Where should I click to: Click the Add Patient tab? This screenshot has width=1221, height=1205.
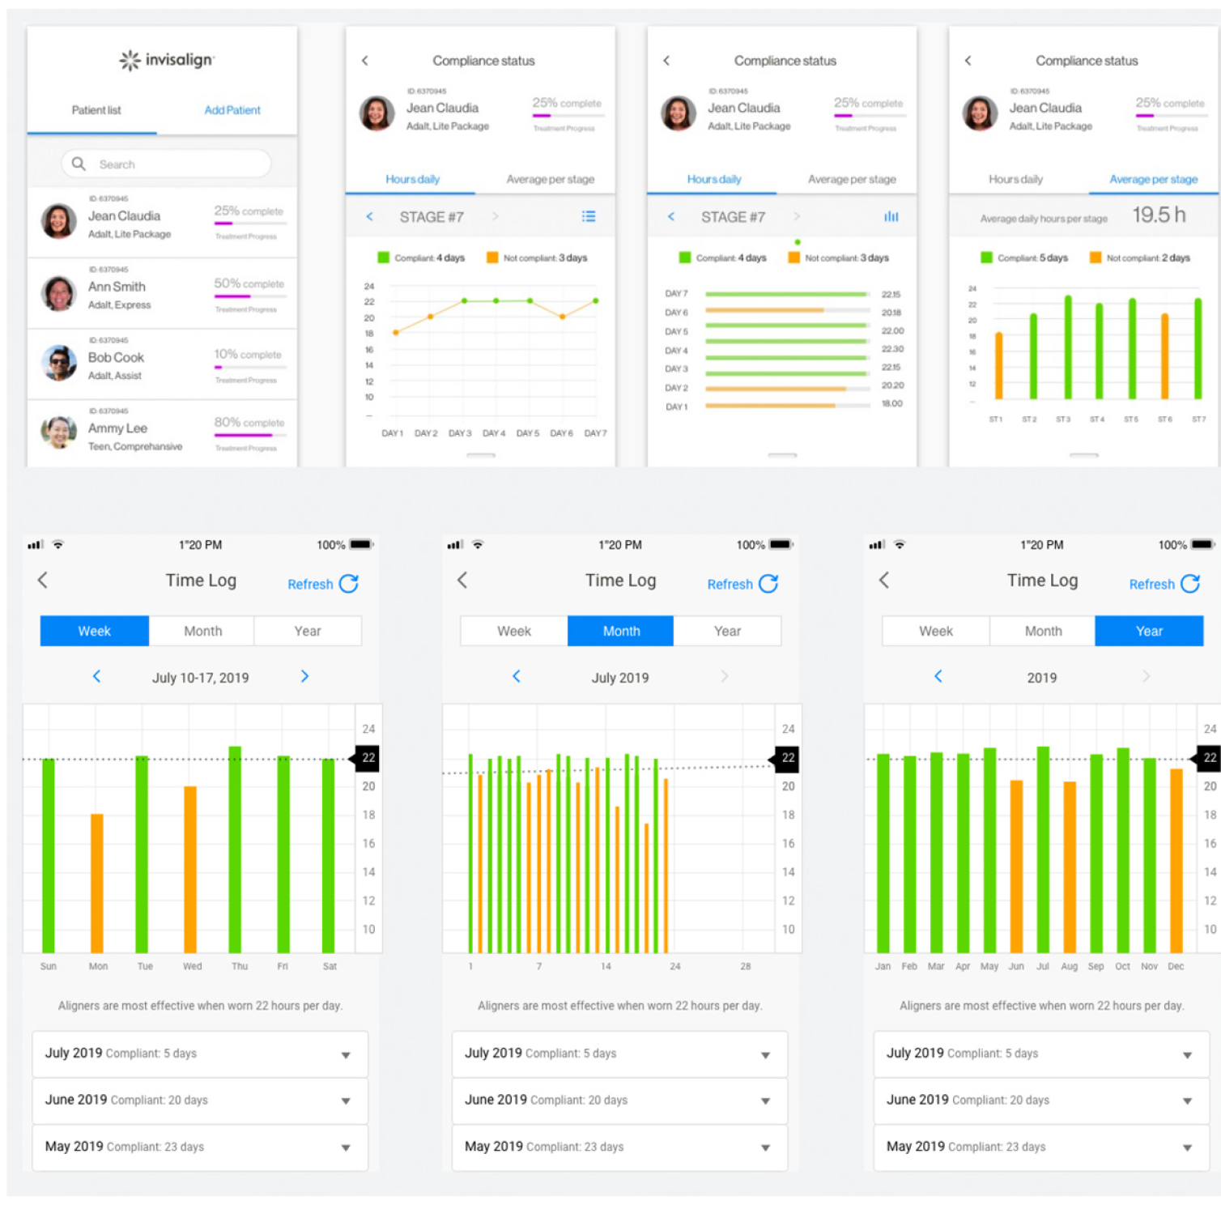click(232, 110)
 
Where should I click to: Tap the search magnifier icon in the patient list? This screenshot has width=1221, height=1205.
click(79, 164)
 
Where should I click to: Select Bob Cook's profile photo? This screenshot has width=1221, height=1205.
click(59, 363)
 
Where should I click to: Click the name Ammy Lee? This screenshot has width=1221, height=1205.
click(117, 428)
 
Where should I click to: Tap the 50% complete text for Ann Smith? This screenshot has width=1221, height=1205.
click(249, 283)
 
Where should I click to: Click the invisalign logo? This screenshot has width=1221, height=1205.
click(167, 60)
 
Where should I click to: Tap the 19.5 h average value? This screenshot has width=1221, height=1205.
click(1158, 215)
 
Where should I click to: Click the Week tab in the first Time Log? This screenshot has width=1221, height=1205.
click(95, 631)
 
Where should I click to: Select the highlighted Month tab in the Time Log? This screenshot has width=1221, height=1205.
click(621, 631)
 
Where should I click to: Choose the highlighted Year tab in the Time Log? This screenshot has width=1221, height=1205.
click(1148, 631)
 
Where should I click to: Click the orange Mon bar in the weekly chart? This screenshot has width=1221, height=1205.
click(97, 883)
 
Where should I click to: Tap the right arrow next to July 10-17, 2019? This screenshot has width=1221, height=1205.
click(304, 676)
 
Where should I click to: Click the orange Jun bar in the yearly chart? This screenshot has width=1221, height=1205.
click(1016, 866)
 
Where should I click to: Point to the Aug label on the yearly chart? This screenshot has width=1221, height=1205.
click(1069, 966)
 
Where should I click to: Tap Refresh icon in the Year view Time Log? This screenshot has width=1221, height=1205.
click(1189, 584)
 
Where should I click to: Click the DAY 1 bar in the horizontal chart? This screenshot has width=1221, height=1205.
click(769, 406)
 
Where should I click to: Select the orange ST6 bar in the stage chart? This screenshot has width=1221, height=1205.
click(1164, 356)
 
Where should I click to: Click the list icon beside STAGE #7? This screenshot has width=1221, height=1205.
click(589, 216)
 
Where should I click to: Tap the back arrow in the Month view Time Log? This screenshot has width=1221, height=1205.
click(462, 580)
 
